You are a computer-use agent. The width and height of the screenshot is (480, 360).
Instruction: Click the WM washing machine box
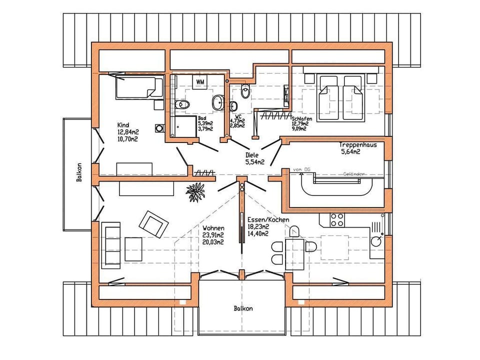(x=200, y=82)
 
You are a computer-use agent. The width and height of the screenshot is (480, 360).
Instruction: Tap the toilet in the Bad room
(x=183, y=104)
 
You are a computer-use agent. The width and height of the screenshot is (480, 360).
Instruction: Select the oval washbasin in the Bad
(x=217, y=102)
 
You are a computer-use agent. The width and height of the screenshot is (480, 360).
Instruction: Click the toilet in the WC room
(x=244, y=91)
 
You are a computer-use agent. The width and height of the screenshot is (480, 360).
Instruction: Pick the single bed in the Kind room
(x=138, y=88)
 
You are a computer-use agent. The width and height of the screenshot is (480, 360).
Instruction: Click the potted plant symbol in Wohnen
(x=195, y=191)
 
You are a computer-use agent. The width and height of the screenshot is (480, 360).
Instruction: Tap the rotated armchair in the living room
(x=154, y=223)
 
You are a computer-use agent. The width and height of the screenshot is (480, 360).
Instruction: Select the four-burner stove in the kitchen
(x=336, y=220)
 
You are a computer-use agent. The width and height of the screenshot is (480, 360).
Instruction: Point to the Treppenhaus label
(x=358, y=145)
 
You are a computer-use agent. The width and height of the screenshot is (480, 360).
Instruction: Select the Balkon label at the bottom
(x=243, y=308)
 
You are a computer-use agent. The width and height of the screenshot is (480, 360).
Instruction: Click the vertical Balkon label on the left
(x=79, y=172)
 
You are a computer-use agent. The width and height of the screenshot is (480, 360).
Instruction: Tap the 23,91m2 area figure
(x=213, y=234)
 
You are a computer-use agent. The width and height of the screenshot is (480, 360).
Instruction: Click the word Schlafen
(x=302, y=118)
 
